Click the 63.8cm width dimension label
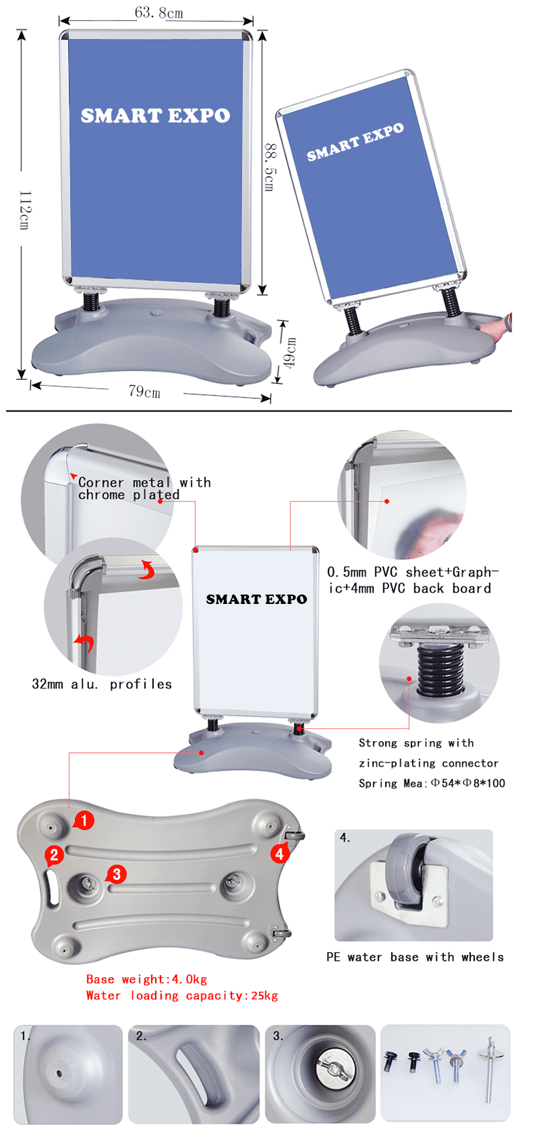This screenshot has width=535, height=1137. point(159,13)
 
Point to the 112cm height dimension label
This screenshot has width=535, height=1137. point(25,210)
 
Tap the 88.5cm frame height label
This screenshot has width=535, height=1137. point(270,167)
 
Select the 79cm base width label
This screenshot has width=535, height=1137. point(144,391)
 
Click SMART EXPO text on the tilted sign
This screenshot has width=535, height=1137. point(355,142)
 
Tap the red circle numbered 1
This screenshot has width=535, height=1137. point(84,820)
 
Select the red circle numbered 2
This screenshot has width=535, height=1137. point(54,855)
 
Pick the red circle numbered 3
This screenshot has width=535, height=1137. point(117,874)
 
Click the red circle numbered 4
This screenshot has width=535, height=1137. point(279,854)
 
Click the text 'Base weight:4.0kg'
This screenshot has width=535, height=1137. point(146,979)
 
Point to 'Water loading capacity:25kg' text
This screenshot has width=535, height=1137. point(182,995)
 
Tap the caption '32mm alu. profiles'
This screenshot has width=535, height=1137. point(102,684)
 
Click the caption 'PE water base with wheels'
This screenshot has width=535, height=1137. point(415,957)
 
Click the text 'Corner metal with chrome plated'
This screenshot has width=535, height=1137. point(144,488)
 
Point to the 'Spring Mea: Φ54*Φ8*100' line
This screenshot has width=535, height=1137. point(431,783)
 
